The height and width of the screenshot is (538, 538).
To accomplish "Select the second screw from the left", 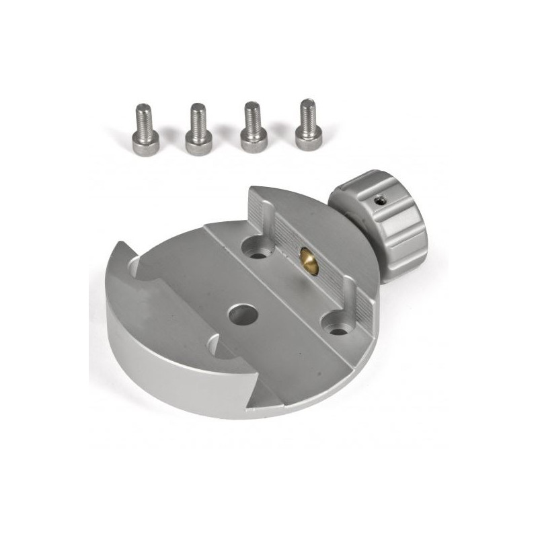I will (197, 129).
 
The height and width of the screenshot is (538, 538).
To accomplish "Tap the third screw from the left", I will (252, 127).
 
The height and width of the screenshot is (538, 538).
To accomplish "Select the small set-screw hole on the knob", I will (381, 198).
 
